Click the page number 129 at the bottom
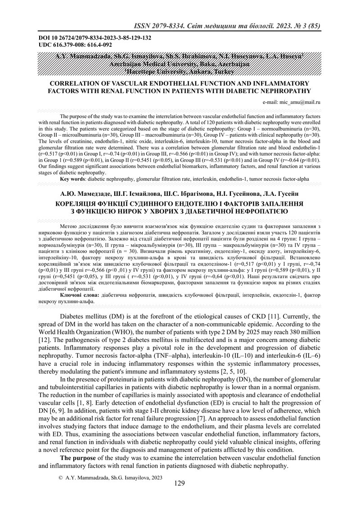(x=180, y=484)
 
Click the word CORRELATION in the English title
(x=80, y=83)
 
